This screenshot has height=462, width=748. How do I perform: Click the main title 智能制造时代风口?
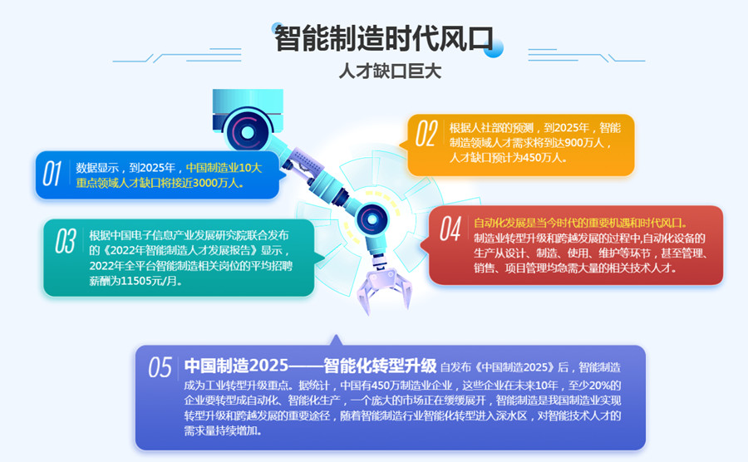[384, 38]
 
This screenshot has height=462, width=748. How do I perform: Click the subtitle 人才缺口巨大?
[391, 71]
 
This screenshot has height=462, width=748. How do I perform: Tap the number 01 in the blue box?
[52, 174]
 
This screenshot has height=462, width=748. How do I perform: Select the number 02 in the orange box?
[426, 134]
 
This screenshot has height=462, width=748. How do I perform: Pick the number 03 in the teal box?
[66, 241]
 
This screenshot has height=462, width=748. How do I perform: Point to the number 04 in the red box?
[450, 229]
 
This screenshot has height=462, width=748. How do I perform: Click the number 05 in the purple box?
[160, 367]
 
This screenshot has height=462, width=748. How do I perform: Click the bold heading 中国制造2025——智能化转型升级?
[310, 366]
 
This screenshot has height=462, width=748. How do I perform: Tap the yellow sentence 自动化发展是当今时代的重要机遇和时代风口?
[579, 223]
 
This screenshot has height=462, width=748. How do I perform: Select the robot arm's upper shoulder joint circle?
[247, 131]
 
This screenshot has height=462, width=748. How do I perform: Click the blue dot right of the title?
[493, 47]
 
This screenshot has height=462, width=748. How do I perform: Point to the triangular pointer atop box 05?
[336, 340]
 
